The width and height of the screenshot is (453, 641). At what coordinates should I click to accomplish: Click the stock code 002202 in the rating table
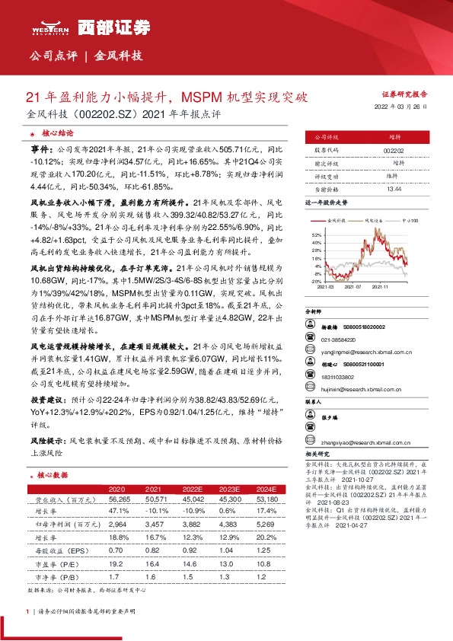click(x=393, y=151)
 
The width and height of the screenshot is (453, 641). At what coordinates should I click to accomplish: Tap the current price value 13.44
click(x=393, y=188)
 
